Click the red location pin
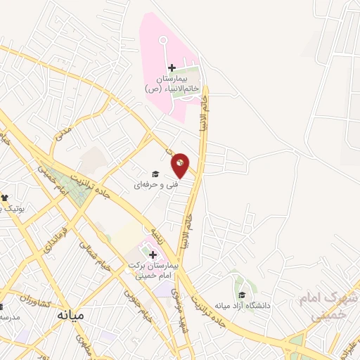pos(181,165)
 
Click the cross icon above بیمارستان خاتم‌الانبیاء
pos(172,67)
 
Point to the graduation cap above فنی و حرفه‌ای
pos(155,174)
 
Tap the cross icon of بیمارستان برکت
pos(153,255)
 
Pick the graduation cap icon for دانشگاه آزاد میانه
pos(242,295)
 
